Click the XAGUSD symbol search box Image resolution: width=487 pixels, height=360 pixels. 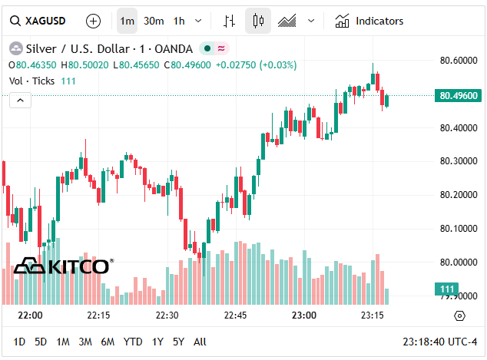pos(38,21)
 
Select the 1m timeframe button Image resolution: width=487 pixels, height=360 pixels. pos(127,21)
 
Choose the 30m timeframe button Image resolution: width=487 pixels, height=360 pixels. pos(154,21)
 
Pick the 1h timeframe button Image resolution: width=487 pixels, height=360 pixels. pos(179,21)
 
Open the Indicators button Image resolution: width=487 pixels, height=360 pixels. pos(369,21)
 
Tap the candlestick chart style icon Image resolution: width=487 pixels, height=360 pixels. pos(258,21)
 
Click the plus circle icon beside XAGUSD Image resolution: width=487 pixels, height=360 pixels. pos(93,21)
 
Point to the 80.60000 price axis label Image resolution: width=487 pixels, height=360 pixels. pos(459,61)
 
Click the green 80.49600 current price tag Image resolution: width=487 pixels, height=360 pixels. pos(459,96)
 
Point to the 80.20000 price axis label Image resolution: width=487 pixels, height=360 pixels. pos(459,195)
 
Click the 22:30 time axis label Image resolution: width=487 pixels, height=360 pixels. pos(167,315)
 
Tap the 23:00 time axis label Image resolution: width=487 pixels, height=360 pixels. pos(304,315)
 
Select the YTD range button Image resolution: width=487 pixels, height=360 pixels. pos(133,342)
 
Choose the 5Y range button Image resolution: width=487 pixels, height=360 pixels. pos(178,342)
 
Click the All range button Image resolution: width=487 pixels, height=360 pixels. pos(200,342)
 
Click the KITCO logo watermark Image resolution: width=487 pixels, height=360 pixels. pos(63,266)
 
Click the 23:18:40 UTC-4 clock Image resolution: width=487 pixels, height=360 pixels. pos(439,342)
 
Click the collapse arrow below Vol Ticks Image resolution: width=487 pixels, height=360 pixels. pos(20,100)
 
